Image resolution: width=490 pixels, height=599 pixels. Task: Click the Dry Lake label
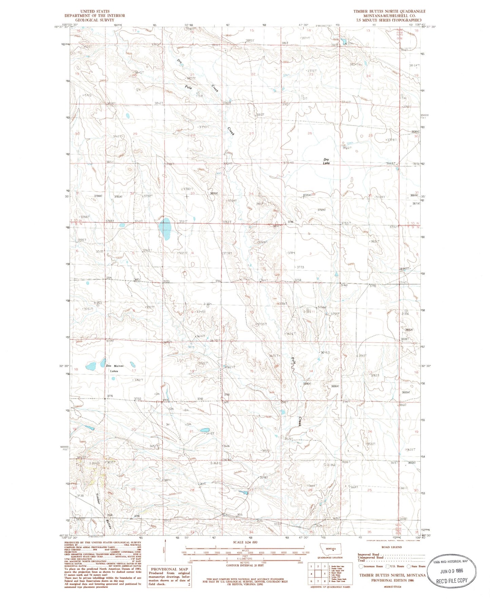pyautogui.click(x=326, y=161)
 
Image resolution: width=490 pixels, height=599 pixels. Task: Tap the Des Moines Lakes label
pyautogui.click(x=114, y=368)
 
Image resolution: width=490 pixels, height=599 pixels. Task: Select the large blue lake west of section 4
pyautogui.click(x=165, y=229)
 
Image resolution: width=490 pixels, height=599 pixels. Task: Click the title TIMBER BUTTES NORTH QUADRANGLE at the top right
pyautogui.click(x=389, y=11)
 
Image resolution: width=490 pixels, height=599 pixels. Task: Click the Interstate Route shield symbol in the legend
pyautogui.click(x=361, y=566)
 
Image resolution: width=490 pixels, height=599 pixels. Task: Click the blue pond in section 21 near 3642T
pyautogui.click(x=204, y=430)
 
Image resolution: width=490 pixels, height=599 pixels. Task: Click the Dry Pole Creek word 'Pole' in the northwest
pyautogui.click(x=189, y=88)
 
